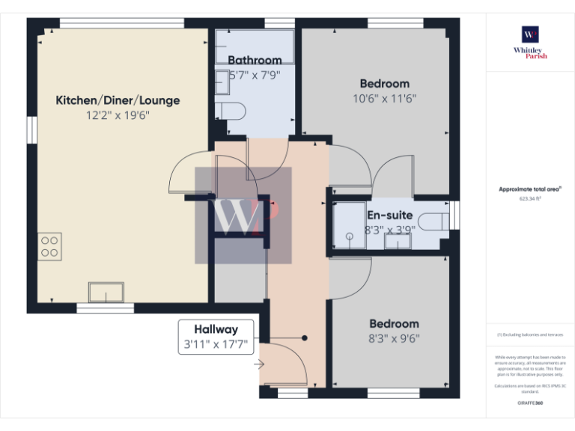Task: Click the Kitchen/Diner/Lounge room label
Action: tap(118, 100)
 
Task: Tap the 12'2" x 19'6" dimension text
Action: tap(118, 115)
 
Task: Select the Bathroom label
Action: tap(255, 60)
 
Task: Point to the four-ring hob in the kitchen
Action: tap(50, 246)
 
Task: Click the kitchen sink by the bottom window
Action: tap(106, 291)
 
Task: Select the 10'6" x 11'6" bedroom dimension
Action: tap(384, 98)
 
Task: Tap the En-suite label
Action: tap(389, 215)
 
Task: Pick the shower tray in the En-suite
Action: tap(348, 224)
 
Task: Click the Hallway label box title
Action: tap(216, 329)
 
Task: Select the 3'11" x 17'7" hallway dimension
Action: tap(216, 345)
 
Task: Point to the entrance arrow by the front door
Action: tap(259, 365)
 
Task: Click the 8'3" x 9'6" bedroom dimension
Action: tap(394, 338)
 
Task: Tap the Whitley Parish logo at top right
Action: tap(530, 40)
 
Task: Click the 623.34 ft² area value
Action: tap(530, 199)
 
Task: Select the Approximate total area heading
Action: tap(530, 189)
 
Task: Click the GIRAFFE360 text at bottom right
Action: tap(530, 403)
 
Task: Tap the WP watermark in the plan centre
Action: tap(244, 215)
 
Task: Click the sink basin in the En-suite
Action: tap(393, 241)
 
